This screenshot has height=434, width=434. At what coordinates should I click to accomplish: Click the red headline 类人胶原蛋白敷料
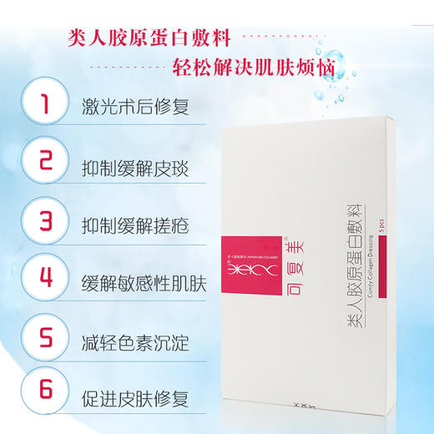coord(149,38)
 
